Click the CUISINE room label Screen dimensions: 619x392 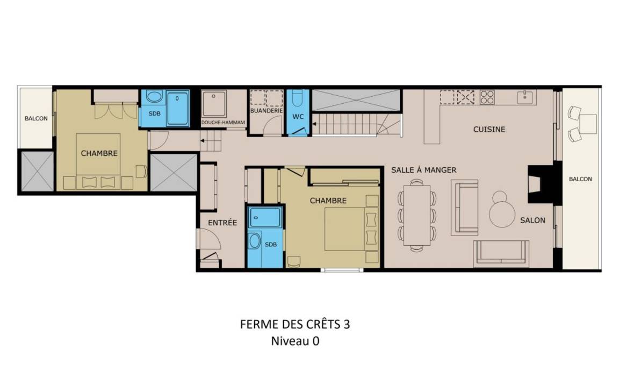[489, 129]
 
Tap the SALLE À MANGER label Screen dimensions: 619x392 [423, 170]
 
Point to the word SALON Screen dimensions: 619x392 [532, 220]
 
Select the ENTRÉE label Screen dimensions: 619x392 [222, 223]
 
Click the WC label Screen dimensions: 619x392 [298, 117]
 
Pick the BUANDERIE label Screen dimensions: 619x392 [267, 111]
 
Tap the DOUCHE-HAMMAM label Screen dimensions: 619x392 [223, 123]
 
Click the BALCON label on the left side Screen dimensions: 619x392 [36, 118]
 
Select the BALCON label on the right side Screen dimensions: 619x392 [580, 179]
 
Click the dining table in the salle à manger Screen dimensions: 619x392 [417, 216]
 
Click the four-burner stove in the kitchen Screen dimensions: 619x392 [487, 97]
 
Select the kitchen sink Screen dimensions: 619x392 [525, 96]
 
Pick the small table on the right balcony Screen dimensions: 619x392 [588, 124]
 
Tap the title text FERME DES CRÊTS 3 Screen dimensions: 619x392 [295, 324]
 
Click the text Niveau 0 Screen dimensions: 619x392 [295, 341]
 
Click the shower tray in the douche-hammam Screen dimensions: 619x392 [214, 104]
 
